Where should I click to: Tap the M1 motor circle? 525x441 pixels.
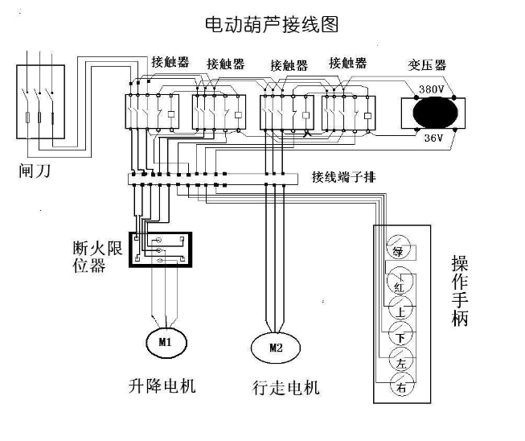click(x=165, y=342)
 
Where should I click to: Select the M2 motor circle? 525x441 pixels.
click(x=275, y=348)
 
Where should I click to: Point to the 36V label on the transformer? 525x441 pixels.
click(x=434, y=138)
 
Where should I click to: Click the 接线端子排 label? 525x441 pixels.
click(x=344, y=176)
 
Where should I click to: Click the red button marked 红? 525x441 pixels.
click(x=400, y=282)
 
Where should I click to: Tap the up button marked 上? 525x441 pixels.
click(x=400, y=309)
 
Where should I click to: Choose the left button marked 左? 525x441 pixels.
click(x=400, y=361)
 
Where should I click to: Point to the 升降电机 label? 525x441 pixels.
click(x=163, y=385)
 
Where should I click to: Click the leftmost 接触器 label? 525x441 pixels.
click(x=170, y=61)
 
